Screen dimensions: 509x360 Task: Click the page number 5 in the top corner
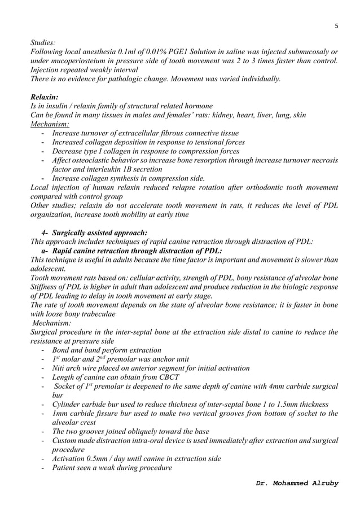(x=336, y=25)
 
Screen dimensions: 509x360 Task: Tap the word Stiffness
(x=46, y=287)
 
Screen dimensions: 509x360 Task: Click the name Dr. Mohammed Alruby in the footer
(x=297, y=484)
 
